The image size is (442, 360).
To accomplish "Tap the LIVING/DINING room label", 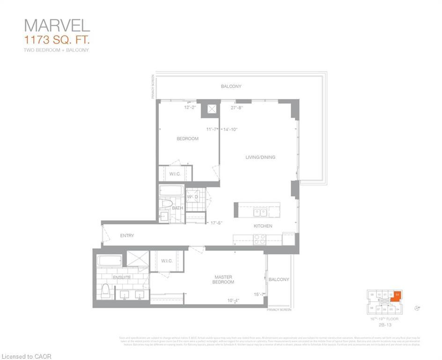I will click(260, 157).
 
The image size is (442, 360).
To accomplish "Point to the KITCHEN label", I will click(263, 226).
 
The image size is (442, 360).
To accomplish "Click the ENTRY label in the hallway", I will click(127, 236).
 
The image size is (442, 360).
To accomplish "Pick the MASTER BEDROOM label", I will click(223, 280).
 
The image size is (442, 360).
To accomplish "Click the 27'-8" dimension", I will click(237, 107).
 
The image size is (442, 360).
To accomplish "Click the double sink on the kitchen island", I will click(260, 212).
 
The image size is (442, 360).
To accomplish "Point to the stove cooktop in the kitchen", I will click(259, 239).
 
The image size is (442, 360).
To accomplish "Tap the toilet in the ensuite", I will click(106, 292).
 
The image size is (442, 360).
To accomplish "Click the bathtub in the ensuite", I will click(110, 260).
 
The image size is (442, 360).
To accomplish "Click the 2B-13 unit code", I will click(386, 323).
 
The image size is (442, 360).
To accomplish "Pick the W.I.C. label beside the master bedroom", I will click(167, 261).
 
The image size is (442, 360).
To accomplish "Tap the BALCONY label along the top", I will click(231, 87).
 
